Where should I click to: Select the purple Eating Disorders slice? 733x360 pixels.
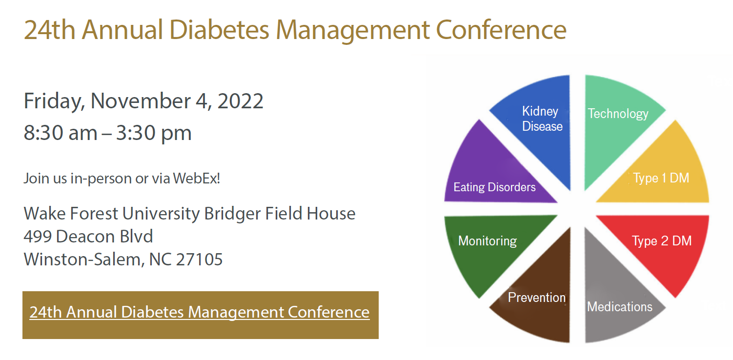click(x=493, y=180)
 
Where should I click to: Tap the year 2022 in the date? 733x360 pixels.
click(x=240, y=101)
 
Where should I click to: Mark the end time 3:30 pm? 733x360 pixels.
click(x=154, y=133)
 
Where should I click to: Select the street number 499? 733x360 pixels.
click(x=38, y=237)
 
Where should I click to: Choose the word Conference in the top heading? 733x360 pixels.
click(x=501, y=30)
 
